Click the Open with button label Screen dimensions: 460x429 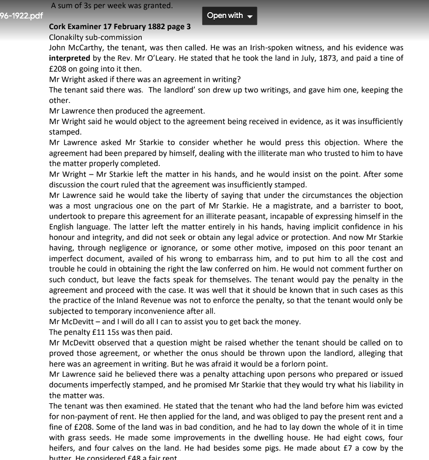pyautogui.click(x=225, y=15)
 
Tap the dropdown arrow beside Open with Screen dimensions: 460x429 pyautogui.click(x=250, y=16)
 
